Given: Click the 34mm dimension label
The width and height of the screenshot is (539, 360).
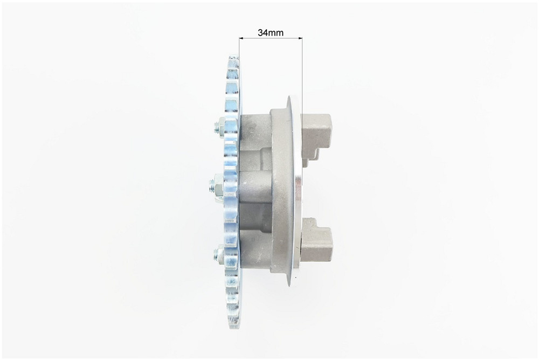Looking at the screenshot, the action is tap(271, 33).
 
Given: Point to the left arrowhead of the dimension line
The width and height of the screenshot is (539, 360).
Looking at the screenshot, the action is tap(241, 38).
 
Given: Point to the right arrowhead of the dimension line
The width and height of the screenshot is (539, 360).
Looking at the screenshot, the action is tap(300, 38).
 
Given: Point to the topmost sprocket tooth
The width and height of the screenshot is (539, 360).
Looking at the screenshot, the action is tap(233, 59).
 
